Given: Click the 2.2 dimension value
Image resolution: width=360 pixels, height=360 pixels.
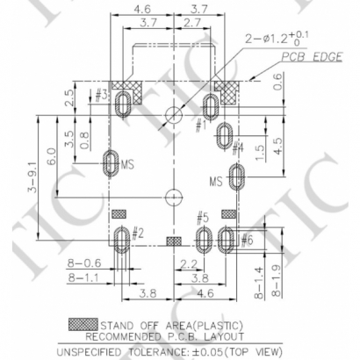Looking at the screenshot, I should pyautogui.click(x=188, y=263).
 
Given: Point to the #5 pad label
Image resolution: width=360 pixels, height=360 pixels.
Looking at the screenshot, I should pyautogui.click(x=202, y=217).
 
